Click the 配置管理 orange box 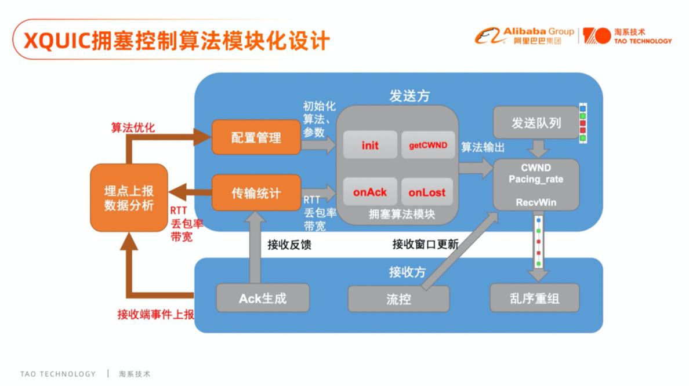click(256, 137)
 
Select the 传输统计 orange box click(256, 193)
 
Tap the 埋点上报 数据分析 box click(129, 198)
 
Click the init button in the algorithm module click(370, 145)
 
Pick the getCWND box click(428, 145)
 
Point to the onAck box click(370, 192)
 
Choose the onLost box click(427, 192)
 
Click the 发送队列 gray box click(536, 122)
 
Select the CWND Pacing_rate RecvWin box click(536, 185)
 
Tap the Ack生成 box click(263, 298)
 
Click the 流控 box click(398, 299)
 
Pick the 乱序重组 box click(534, 298)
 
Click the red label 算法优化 click(133, 128)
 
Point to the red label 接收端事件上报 click(155, 314)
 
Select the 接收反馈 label click(289, 245)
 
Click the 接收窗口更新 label click(425, 244)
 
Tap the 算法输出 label click(483, 147)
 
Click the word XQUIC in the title click(57, 41)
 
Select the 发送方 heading click(409, 95)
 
